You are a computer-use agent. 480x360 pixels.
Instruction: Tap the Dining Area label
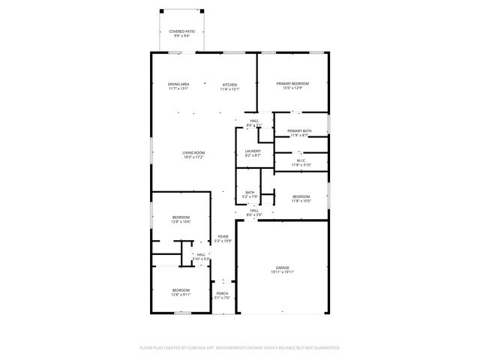pyautogui.click(x=178, y=84)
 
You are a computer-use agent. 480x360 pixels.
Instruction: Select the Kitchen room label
pyautogui.click(x=229, y=84)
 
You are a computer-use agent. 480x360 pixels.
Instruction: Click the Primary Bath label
pyautogui.click(x=299, y=131)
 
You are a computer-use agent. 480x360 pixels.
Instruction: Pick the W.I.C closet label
pyautogui.click(x=299, y=160)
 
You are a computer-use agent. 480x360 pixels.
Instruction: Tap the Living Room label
pyautogui.click(x=193, y=153)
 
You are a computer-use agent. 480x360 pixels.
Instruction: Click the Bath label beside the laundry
pyautogui.click(x=250, y=193)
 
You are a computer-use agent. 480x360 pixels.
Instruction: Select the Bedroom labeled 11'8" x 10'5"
pyautogui.click(x=300, y=196)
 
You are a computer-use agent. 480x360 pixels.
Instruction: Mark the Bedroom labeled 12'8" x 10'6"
pyautogui.click(x=181, y=217)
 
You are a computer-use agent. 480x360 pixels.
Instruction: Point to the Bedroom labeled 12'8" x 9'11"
pyautogui.click(x=181, y=290)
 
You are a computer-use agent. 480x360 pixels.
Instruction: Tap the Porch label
pyautogui.click(x=222, y=293)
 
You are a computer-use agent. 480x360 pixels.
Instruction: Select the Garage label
pyautogui.click(x=282, y=267)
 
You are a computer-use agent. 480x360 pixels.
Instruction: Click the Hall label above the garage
pyautogui.click(x=254, y=211)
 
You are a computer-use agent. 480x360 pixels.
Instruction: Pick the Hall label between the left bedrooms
pyautogui.click(x=201, y=255)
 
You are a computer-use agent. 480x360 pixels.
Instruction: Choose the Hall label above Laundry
pyautogui.click(x=254, y=121)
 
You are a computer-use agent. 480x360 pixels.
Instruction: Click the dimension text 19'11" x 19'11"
pyautogui.click(x=282, y=271)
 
